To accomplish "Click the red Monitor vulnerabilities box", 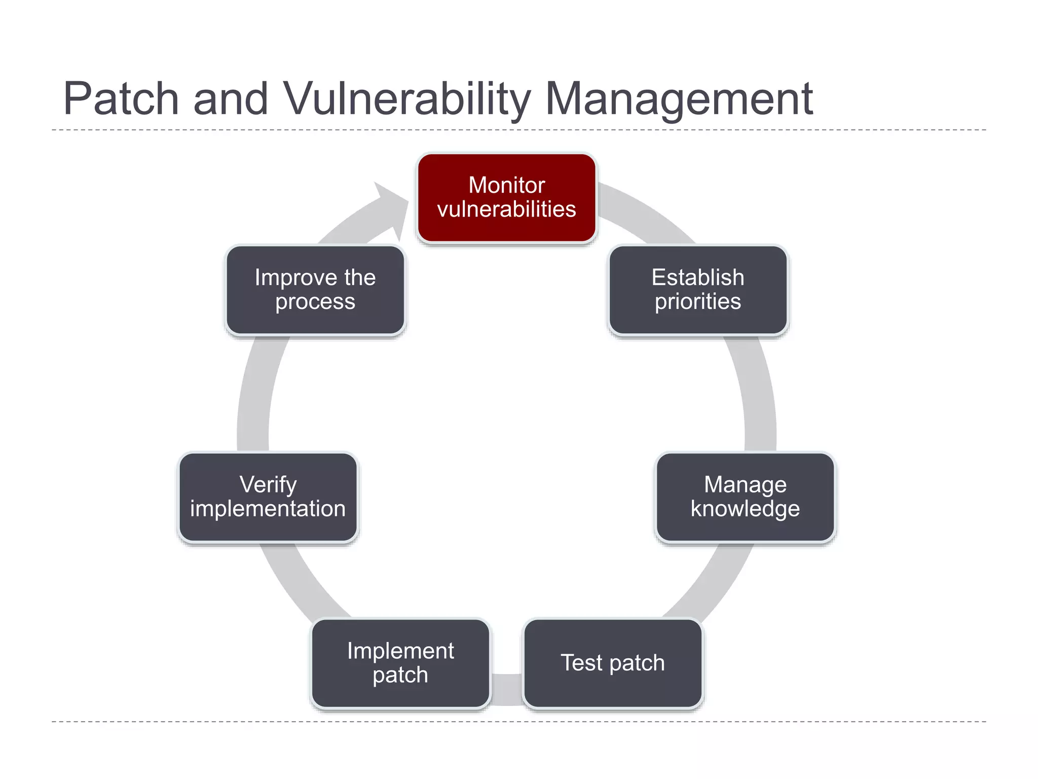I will pyautogui.click(x=506, y=198).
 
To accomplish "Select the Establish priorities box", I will pyautogui.click(x=698, y=290).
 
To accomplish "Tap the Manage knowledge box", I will pyautogui.click(x=745, y=497).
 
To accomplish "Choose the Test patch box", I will pyautogui.click(x=613, y=663).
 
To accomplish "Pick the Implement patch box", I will pyautogui.click(x=400, y=663).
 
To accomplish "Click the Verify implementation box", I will pyautogui.click(x=268, y=497).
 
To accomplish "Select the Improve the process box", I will pyautogui.click(x=315, y=290).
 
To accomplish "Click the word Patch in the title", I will pyautogui.click(x=121, y=99).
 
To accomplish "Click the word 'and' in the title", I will pyautogui.click(x=231, y=99).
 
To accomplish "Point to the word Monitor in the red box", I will pyautogui.click(x=506, y=185).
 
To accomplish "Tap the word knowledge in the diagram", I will pyautogui.click(x=745, y=509).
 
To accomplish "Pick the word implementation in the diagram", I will pyautogui.click(x=268, y=509).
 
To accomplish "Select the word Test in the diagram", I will pyautogui.click(x=581, y=663).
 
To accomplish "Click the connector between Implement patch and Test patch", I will pyautogui.click(x=507, y=689).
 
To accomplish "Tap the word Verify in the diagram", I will pyautogui.click(x=268, y=485).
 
